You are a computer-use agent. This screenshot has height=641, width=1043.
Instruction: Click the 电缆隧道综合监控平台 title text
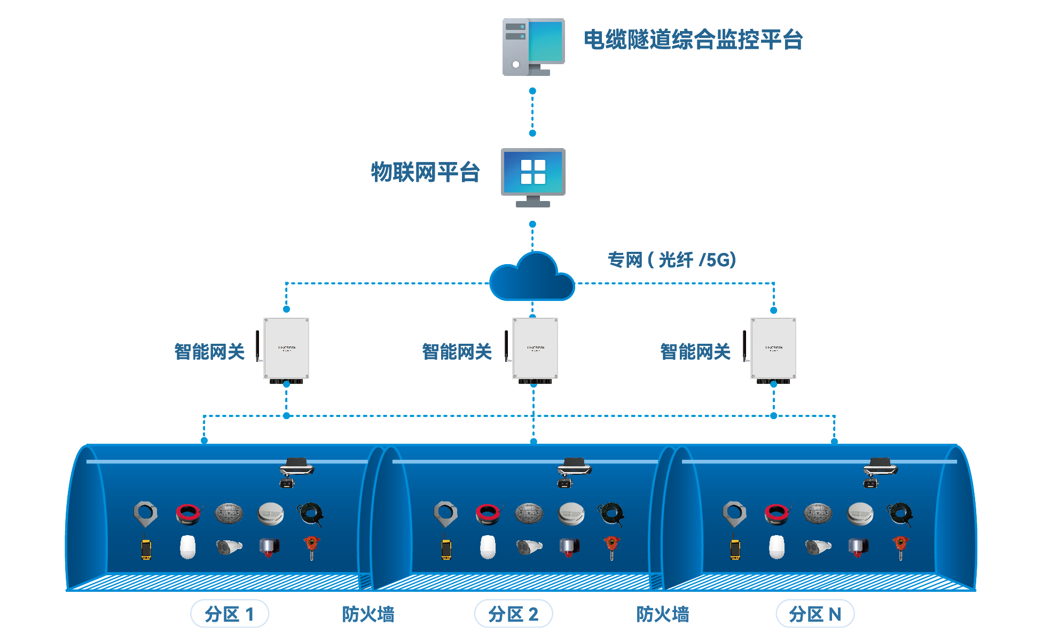pyautogui.click(x=693, y=40)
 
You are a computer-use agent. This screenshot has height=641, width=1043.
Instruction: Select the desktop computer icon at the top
pyautogui.click(x=533, y=47)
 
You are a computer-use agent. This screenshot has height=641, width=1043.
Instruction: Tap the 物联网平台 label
pyautogui.click(x=425, y=172)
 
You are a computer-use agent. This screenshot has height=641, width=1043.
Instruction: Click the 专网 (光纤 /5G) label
pyautogui.click(x=672, y=260)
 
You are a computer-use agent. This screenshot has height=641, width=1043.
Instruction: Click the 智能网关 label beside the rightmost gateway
pyautogui.click(x=695, y=352)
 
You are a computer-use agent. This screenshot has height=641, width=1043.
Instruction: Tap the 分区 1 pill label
pyautogui.click(x=230, y=614)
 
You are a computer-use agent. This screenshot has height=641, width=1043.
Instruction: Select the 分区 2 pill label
pyautogui.click(x=513, y=614)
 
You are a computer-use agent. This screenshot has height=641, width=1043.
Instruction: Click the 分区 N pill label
pyautogui.click(x=815, y=614)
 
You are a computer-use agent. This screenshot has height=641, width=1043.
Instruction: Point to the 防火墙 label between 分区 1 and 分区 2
pyautogui.click(x=368, y=614)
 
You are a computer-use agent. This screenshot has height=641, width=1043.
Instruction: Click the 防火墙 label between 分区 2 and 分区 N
pyautogui.click(x=662, y=614)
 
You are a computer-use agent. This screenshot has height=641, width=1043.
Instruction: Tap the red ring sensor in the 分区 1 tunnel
pyautogui.click(x=188, y=514)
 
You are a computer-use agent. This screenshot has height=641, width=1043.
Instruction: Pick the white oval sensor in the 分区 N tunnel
pyautogui.click(x=777, y=547)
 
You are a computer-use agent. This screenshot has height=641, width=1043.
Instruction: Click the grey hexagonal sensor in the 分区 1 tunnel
pyautogui.click(x=145, y=513)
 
